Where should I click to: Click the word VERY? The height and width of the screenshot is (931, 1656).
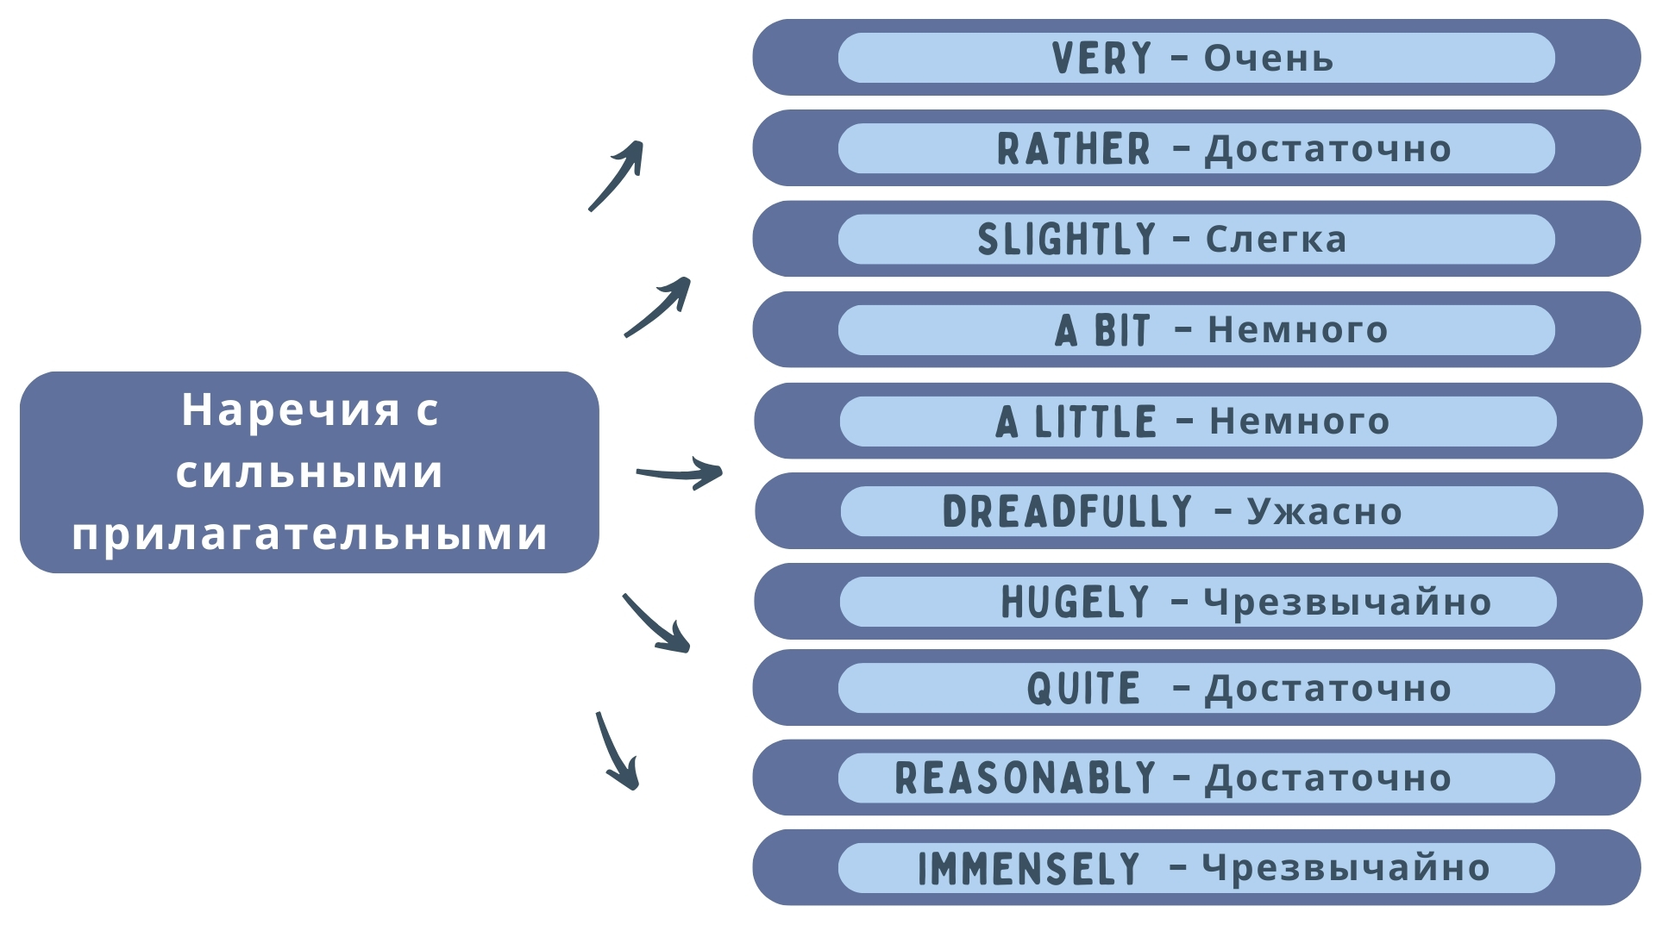point(1101,59)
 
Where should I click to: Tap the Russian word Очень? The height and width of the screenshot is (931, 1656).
point(1269,59)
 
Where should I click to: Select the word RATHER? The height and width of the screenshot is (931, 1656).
point(1074,149)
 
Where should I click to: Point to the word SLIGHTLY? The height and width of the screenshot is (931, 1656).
point(1066,240)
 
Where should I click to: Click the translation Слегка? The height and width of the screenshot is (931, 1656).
point(1276,240)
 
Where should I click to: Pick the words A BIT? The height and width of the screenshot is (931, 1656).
point(1102,330)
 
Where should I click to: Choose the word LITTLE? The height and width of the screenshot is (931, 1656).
point(1095,422)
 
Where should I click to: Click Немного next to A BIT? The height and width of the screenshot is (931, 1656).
point(1297,330)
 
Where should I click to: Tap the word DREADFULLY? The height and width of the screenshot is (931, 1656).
point(1068,512)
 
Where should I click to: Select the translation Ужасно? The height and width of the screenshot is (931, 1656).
point(1325,512)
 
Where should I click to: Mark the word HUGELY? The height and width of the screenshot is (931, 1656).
point(1076,602)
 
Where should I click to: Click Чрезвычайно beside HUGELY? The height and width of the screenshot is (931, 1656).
point(1347,602)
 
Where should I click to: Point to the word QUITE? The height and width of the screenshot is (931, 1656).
point(1083,689)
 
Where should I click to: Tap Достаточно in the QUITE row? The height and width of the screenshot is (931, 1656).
point(1328,689)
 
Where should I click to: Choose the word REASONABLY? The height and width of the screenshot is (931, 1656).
point(1026,778)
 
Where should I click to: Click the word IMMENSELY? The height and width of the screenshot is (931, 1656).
point(1029,868)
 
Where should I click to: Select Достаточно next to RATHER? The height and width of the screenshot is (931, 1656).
point(1328,149)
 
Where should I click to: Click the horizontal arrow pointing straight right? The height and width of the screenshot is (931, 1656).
point(679,473)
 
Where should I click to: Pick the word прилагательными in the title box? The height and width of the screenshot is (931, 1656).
point(310,534)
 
